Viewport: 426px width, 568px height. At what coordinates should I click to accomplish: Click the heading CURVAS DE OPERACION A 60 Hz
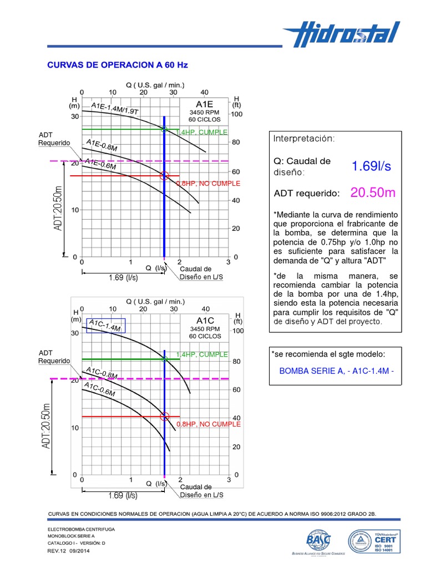[x=118, y=65]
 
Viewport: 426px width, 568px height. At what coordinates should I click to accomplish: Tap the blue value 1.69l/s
[x=371, y=166]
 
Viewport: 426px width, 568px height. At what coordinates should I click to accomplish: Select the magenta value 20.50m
[x=373, y=192]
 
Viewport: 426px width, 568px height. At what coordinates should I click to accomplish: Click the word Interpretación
[x=305, y=138]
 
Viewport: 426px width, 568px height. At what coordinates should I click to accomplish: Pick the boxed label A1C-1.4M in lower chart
[x=105, y=326]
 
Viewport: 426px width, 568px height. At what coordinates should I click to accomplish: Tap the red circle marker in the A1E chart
[x=164, y=176]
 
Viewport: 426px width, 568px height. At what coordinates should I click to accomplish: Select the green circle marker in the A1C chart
[x=165, y=359]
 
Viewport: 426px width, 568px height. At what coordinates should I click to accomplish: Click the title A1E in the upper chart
[x=204, y=104]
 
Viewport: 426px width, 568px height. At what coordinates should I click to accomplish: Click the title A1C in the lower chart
[x=205, y=321]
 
